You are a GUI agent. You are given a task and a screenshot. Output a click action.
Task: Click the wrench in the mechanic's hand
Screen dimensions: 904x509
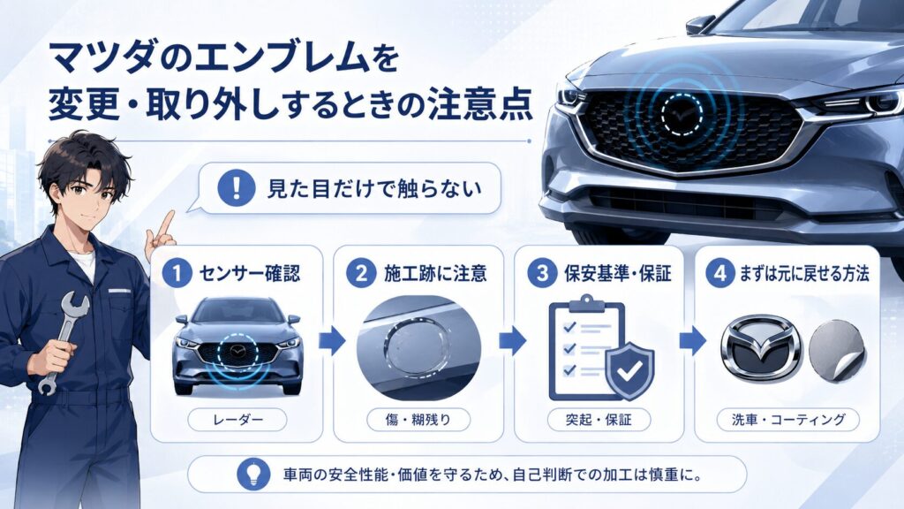coord(63,340)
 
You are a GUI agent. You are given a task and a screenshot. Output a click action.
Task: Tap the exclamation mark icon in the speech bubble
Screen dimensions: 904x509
coord(237,188)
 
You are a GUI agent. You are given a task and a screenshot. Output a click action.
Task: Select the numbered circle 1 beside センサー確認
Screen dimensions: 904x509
coord(177,272)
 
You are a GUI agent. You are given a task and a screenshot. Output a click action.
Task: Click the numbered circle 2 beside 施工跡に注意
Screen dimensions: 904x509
coord(361,272)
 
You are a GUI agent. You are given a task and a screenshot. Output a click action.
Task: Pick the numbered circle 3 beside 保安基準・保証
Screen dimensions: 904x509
coord(542,272)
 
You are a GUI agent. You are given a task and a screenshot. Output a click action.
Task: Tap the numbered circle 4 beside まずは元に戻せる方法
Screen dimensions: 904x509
coord(720,272)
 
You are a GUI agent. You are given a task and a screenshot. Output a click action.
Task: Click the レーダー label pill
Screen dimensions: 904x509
coord(237,420)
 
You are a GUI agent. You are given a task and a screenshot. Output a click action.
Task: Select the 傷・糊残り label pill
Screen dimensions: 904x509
coord(418,420)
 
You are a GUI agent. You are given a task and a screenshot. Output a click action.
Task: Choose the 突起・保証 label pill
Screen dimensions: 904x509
coord(599,420)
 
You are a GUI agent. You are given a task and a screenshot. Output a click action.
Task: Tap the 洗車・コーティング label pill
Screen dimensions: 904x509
coord(787,420)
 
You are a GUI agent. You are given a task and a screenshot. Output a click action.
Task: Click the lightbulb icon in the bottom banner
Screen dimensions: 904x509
coord(253,475)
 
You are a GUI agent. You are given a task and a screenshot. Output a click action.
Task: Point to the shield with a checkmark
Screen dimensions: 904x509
coord(629,370)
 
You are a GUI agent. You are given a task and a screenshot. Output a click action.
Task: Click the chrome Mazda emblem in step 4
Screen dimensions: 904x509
coord(761,348)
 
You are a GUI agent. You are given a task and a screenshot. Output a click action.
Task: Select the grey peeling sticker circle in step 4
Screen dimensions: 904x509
coord(837,350)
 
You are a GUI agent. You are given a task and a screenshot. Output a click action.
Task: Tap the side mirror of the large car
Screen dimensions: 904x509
coord(700,24)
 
